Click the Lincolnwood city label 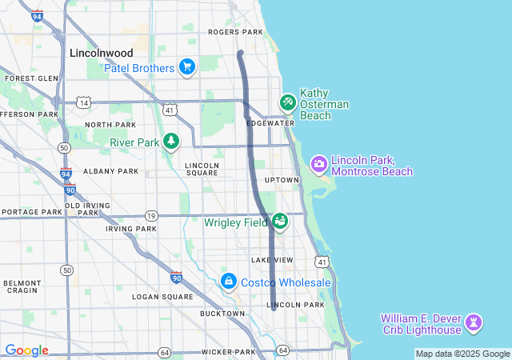click(x=102, y=53)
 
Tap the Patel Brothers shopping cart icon click(x=187, y=66)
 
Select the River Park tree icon click(x=170, y=142)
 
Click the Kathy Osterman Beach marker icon click(x=287, y=102)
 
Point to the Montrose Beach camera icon click(x=318, y=164)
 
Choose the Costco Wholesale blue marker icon click(x=229, y=282)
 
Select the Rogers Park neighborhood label click(x=235, y=32)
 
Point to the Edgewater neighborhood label click(x=270, y=123)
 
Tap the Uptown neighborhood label click(x=282, y=180)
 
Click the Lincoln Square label click(x=202, y=169)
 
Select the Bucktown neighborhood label click(x=222, y=314)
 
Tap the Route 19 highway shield click(x=151, y=215)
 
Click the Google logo click(x=26, y=350)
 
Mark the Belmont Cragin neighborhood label click(x=22, y=286)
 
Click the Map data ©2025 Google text click(x=462, y=354)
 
